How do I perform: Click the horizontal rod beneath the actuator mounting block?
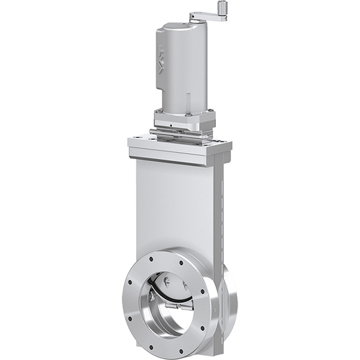(180, 133)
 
